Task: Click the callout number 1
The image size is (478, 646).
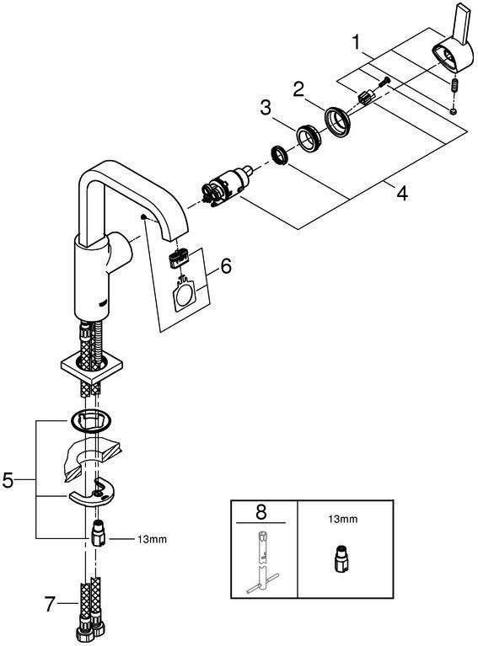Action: coord(356,42)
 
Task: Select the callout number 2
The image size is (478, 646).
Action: coord(298,89)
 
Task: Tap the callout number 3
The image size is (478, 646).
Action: coord(266,108)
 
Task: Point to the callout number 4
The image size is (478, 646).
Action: coord(401,193)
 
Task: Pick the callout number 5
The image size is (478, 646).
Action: coord(8,480)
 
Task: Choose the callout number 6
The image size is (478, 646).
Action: coord(226,266)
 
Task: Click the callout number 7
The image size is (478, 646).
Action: coord(50,605)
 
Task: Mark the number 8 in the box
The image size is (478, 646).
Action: coord(261,512)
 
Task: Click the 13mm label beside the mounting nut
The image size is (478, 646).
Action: coord(153,539)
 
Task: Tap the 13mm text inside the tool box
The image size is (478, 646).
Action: coord(343,519)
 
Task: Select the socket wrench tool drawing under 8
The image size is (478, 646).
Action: coord(262,563)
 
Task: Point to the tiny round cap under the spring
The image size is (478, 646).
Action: coord(454,111)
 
